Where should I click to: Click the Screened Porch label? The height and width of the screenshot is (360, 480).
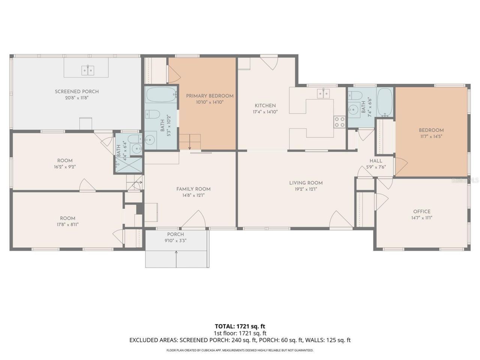click(x=76, y=91)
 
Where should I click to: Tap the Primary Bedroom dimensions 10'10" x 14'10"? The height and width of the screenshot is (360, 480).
click(x=210, y=102)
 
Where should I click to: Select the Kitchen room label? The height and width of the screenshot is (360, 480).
click(x=265, y=106)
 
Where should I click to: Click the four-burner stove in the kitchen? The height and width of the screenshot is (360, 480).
click(x=339, y=122)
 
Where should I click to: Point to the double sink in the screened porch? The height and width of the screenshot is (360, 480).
click(x=88, y=70)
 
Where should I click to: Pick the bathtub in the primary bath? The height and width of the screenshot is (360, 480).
click(x=161, y=94)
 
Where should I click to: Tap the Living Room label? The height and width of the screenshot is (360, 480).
click(x=306, y=183)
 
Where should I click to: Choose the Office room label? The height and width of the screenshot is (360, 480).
click(x=421, y=211)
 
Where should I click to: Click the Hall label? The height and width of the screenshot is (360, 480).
click(x=376, y=161)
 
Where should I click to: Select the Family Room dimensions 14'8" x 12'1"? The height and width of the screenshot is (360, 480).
click(x=193, y=195)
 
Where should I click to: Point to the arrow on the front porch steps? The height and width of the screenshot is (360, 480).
click(x=176, y=259)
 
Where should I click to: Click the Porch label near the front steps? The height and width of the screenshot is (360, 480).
click(x=175, y=234)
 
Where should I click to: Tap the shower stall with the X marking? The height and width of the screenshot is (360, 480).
click(x=129, y=165)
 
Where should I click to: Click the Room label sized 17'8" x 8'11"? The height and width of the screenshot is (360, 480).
click(x=67, y=218)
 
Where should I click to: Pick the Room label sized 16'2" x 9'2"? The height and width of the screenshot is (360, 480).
click(x=65, y=160)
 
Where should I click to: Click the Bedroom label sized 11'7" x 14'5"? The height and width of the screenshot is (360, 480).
click(x=431, y=130)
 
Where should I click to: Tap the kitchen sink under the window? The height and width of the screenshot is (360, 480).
click(x=323, y=93)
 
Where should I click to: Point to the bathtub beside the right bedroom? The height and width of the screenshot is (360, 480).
click(x=385, y=102)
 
